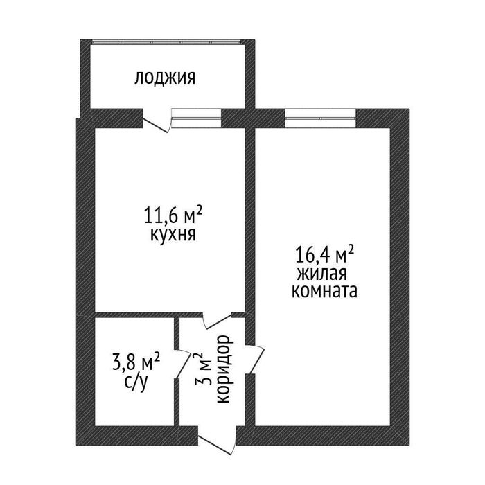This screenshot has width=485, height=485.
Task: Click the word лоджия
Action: (165, 78)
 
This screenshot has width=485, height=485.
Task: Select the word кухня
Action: (173, 234)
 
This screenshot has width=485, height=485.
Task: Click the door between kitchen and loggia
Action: (157, 121)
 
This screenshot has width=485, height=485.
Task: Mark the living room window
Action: (320, 115)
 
